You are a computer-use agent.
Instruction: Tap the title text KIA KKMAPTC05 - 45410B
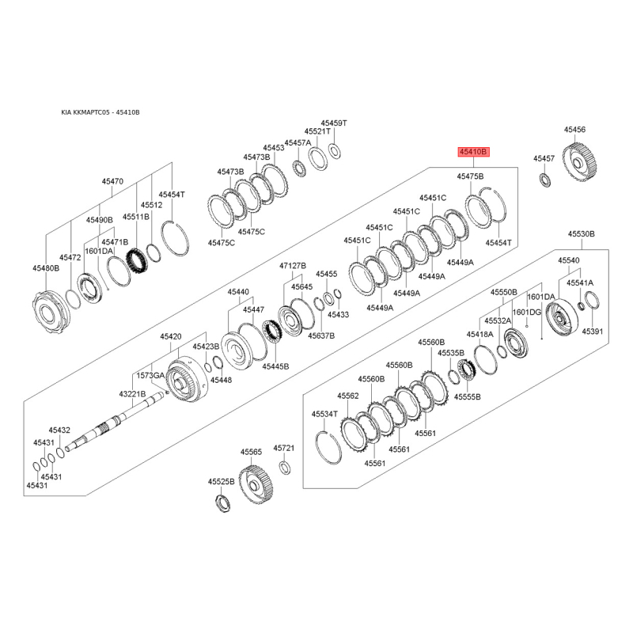tap(100, 112)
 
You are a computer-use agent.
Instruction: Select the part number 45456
tap(574, 129)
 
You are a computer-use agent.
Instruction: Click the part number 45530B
tap(581, 234)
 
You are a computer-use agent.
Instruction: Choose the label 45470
tap(112, 181)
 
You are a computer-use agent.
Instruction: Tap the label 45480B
tap(46, 268)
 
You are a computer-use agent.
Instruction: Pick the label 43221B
tap(132, 393)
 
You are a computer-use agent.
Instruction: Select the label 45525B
tap(222, 481)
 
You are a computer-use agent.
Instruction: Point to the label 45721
tap(284, 448)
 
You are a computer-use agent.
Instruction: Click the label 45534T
tap(324, 414)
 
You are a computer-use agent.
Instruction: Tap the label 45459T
tap(334, 123)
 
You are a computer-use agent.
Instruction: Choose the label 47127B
tap(293, 265)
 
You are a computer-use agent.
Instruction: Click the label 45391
tap(593, 331)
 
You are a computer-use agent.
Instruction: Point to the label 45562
tap(348, 395)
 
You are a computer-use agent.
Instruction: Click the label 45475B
tap(470, 176)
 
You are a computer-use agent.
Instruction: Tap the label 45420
tap(171, 336)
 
